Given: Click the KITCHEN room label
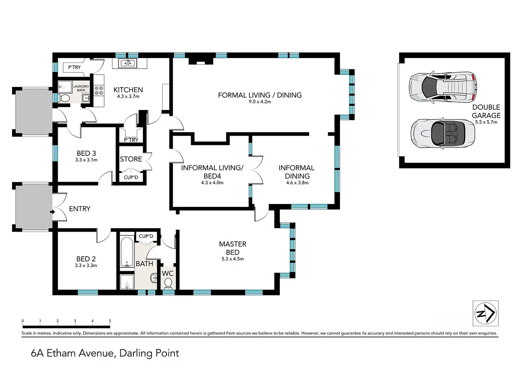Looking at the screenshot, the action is [x=128, y=90].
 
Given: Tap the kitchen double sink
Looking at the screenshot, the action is [x=128, y=63].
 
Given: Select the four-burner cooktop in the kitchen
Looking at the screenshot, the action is [x=99, y=90].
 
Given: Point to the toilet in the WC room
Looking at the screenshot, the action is [x=168, y=284].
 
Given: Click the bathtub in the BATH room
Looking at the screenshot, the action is [x=127, y=252].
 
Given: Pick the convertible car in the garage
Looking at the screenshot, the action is [x=443, y=134].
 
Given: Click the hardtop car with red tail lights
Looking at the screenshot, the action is [x=443, y=87].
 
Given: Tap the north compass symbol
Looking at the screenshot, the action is [x=486, y=313].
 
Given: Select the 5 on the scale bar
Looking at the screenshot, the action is [x=110, y=321].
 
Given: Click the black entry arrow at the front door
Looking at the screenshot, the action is [x=53, y=212].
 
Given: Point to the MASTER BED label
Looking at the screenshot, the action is [x=232, y=248].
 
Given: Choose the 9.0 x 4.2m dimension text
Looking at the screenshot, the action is [x=260, y=101].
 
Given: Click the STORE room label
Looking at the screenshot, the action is [x=131, y=159].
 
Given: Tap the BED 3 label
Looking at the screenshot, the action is [x=86, y=153].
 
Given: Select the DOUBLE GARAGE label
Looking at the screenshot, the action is [x=486, y=111].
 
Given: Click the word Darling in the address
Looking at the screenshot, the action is [x=135, y=354].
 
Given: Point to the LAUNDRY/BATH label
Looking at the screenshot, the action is [x=81, y=88].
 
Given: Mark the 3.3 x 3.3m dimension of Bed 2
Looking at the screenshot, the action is [x=86, y=265].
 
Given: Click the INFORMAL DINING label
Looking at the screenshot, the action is [x=297, y=172].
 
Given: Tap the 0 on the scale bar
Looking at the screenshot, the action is [x=23, y=321].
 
